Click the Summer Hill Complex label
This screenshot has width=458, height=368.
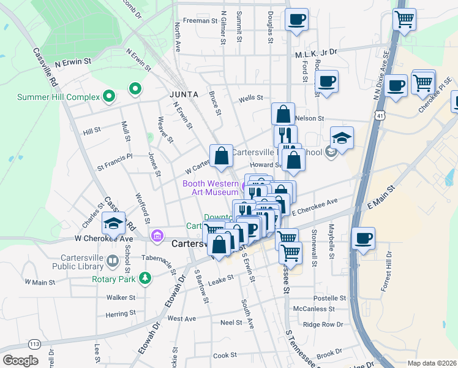58,97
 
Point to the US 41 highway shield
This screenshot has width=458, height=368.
381,115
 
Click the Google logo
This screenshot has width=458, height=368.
20,361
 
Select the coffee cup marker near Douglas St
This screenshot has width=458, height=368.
297,20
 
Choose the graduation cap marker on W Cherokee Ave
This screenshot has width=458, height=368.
113,224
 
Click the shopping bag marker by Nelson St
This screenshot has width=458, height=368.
283,115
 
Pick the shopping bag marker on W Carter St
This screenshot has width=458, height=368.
222,156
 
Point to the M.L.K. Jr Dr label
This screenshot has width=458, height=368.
317,53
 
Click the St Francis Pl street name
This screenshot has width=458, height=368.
114,157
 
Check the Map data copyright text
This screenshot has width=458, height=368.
432,363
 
